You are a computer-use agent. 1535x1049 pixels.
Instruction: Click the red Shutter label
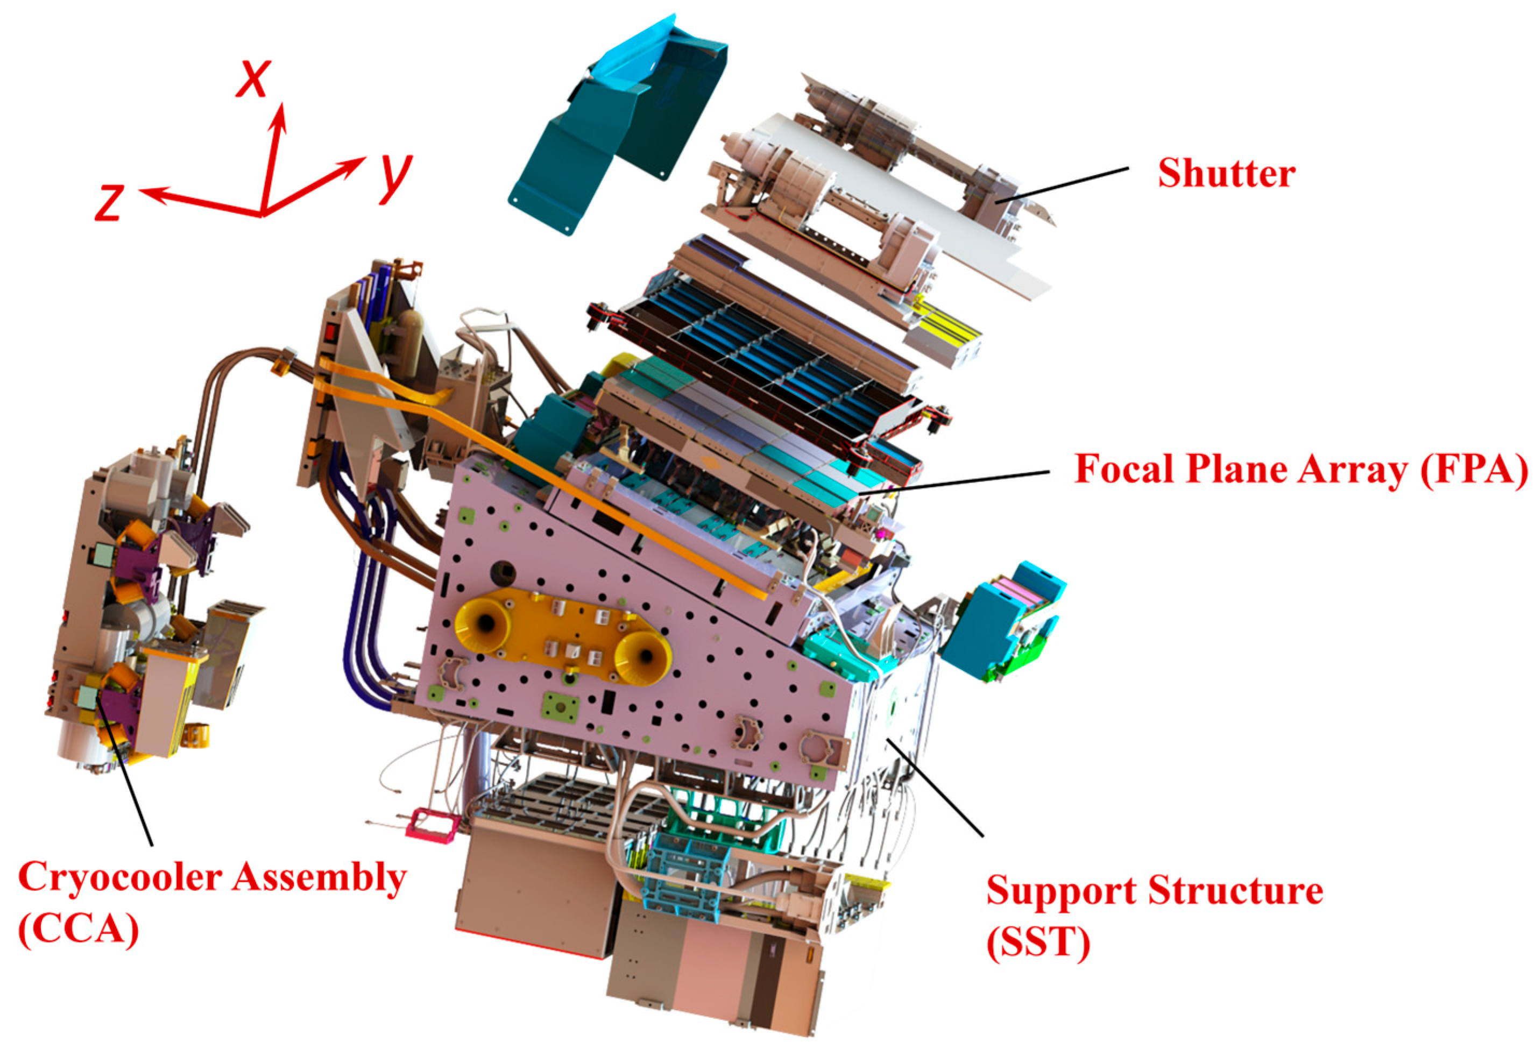click(1226, 174)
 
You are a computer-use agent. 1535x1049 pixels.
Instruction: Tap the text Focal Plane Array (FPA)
click(1300, 469)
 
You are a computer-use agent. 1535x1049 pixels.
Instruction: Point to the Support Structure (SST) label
click(1155, 915)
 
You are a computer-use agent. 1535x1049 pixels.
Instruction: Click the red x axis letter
click(253, 78)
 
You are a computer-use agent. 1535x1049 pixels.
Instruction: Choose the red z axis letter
click(110, 202)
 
